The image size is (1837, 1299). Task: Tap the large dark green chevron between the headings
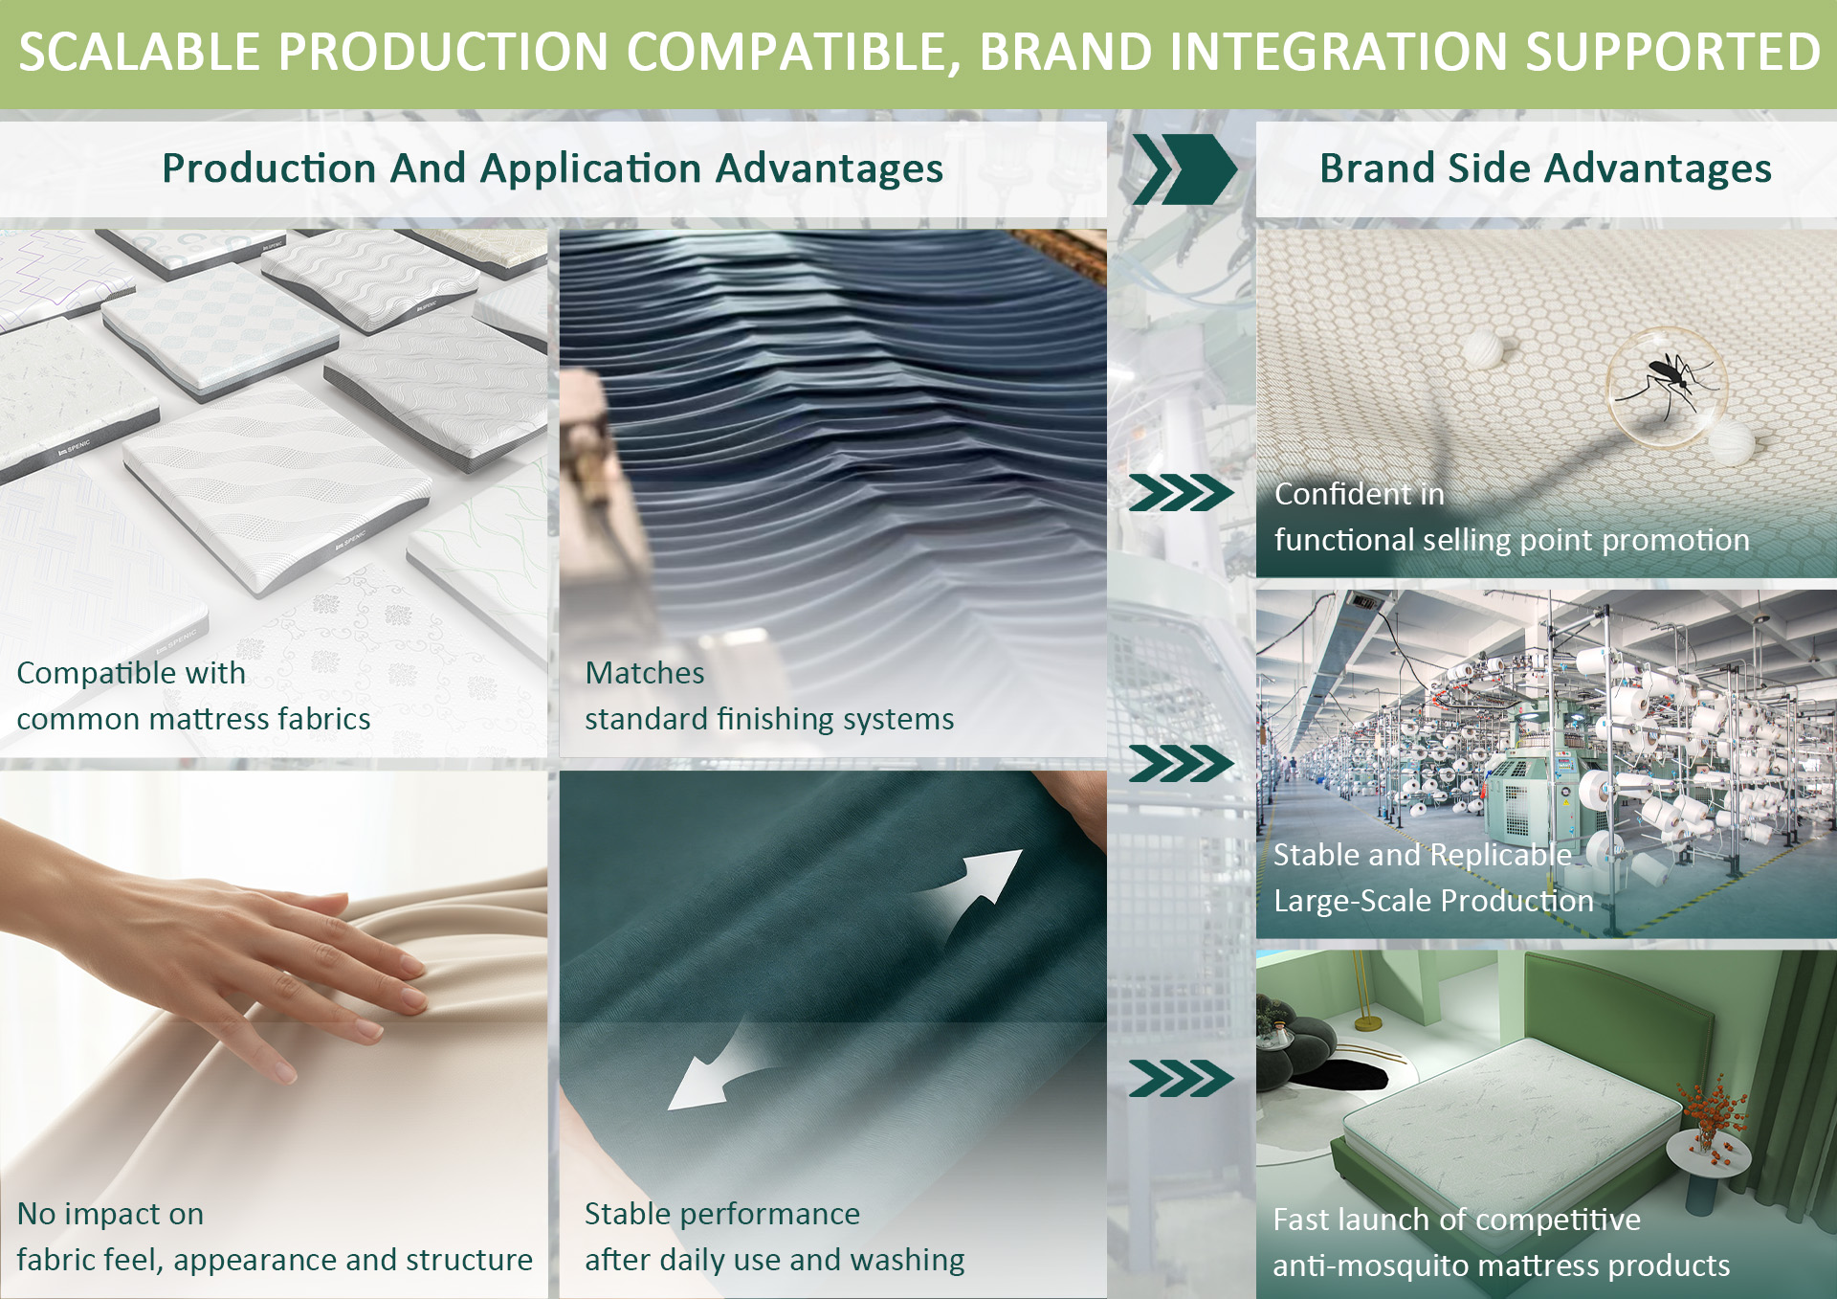(1184, 169)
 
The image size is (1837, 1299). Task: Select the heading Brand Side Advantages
(1545, 168)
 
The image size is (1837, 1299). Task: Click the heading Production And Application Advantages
(552, 168)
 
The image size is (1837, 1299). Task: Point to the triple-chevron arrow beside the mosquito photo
(1181, 493)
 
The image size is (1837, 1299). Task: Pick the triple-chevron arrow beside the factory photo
(1181, 764)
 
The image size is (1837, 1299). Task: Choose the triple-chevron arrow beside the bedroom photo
(1181, 1079)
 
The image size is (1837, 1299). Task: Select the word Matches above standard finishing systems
(645, 673)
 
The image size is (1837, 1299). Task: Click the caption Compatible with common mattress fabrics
(193, 696)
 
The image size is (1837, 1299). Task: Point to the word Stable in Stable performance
(628, 1214)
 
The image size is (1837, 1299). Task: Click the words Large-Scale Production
(1433, 901)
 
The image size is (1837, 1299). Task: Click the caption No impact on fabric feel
(275, 1237)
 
